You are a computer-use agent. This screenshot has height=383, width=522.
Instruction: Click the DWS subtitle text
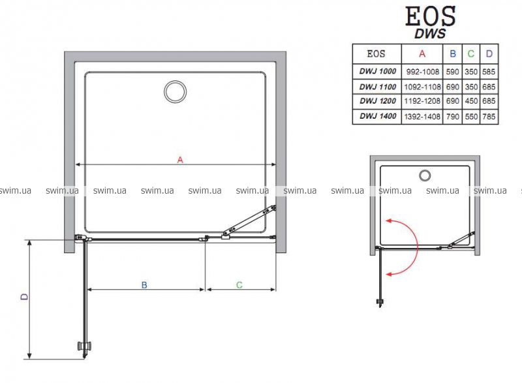430,34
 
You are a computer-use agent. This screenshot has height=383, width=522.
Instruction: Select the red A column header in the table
422,54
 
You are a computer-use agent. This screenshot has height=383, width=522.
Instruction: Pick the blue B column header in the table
453,54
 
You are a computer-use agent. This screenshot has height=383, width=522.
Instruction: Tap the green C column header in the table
470,54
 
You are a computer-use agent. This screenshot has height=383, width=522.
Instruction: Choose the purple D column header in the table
489,54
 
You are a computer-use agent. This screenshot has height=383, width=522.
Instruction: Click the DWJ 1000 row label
378,71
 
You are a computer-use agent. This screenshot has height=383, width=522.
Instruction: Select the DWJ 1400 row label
378,116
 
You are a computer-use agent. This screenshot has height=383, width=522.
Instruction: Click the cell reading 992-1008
422,72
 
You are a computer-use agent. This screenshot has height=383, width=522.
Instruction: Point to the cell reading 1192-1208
422,101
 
